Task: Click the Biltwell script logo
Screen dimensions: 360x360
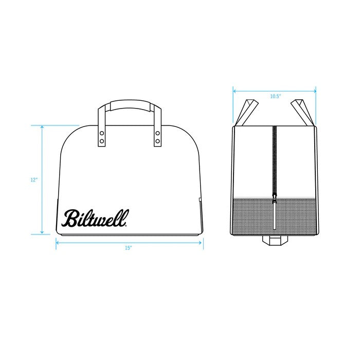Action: pos(95,218)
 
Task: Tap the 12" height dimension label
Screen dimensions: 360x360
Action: pos(34,180)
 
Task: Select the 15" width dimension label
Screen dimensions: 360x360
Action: pos(129,248)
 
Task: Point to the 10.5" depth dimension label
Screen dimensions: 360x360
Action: pos(276,96)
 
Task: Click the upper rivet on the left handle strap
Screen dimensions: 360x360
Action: pos(102,133)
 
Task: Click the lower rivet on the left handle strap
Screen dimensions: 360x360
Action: pos(102,141)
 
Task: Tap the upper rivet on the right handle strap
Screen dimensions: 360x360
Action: pos(157,133)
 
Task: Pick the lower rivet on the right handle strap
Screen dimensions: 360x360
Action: pos(157,141)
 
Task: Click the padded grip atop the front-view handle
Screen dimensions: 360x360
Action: pos(130,105)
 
